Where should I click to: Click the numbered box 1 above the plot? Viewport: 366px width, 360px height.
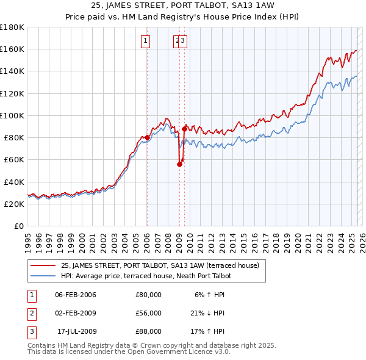pos(146,41)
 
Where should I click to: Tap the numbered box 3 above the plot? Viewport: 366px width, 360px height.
pos(183,41)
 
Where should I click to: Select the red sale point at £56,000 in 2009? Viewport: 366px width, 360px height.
pos(179,164)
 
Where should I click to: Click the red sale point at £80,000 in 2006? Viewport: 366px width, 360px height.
pos(147,137)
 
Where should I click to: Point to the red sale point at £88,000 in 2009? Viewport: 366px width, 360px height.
pos(184,129)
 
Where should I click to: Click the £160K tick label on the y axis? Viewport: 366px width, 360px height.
pos(12,49)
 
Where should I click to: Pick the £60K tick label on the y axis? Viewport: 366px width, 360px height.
pos(13,159)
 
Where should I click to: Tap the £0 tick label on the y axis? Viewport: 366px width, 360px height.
pos(18,226)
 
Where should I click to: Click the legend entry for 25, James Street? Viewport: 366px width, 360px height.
pos(160,265)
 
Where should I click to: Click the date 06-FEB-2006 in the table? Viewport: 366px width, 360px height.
pos(76,295)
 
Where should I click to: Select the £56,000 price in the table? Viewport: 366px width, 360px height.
pos(148,313)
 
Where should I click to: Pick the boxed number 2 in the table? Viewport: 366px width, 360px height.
pos(30,313)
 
